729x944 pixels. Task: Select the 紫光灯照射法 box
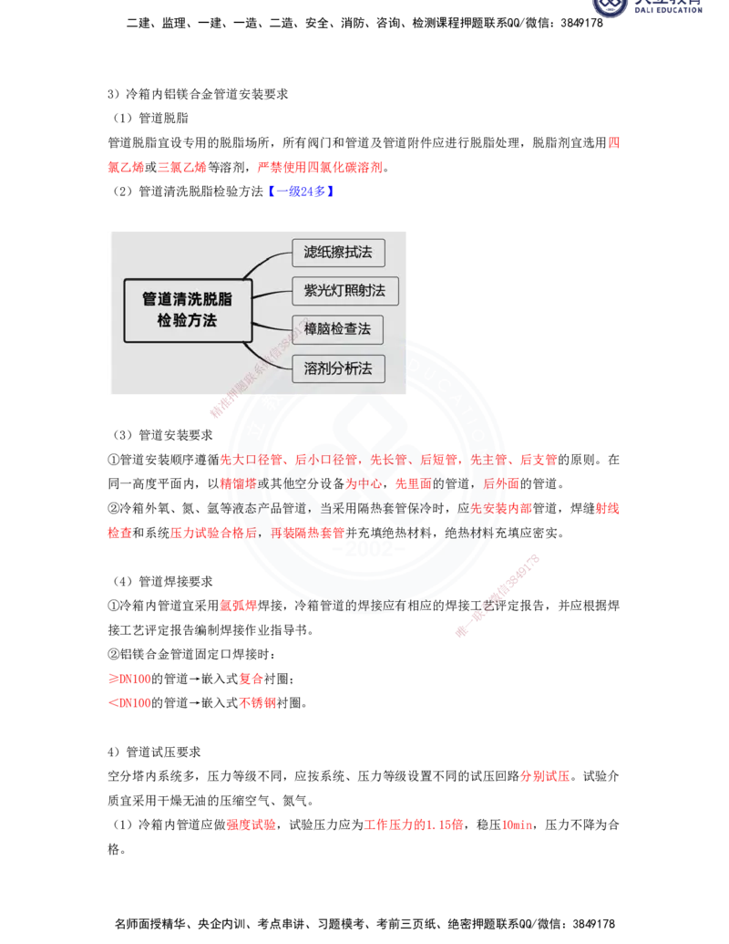(344, 291)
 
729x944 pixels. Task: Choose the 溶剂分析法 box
(338, 368)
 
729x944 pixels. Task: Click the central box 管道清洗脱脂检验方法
(187, 310)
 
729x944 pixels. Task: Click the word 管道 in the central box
(156, 299)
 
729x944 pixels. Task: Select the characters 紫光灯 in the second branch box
(324, 291)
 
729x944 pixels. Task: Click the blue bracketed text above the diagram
(301, 191)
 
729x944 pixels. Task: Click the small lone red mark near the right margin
(613, 143)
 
